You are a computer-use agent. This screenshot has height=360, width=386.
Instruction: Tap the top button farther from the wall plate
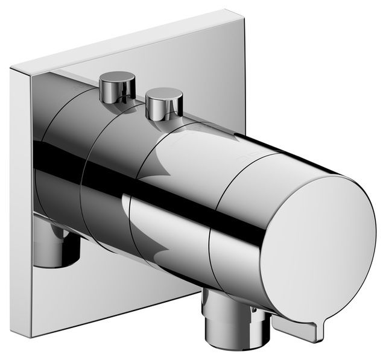pyautogui.click(x=163, y=101)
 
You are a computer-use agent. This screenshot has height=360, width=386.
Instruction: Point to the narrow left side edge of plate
pyautogui.click(x=19, y=199)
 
